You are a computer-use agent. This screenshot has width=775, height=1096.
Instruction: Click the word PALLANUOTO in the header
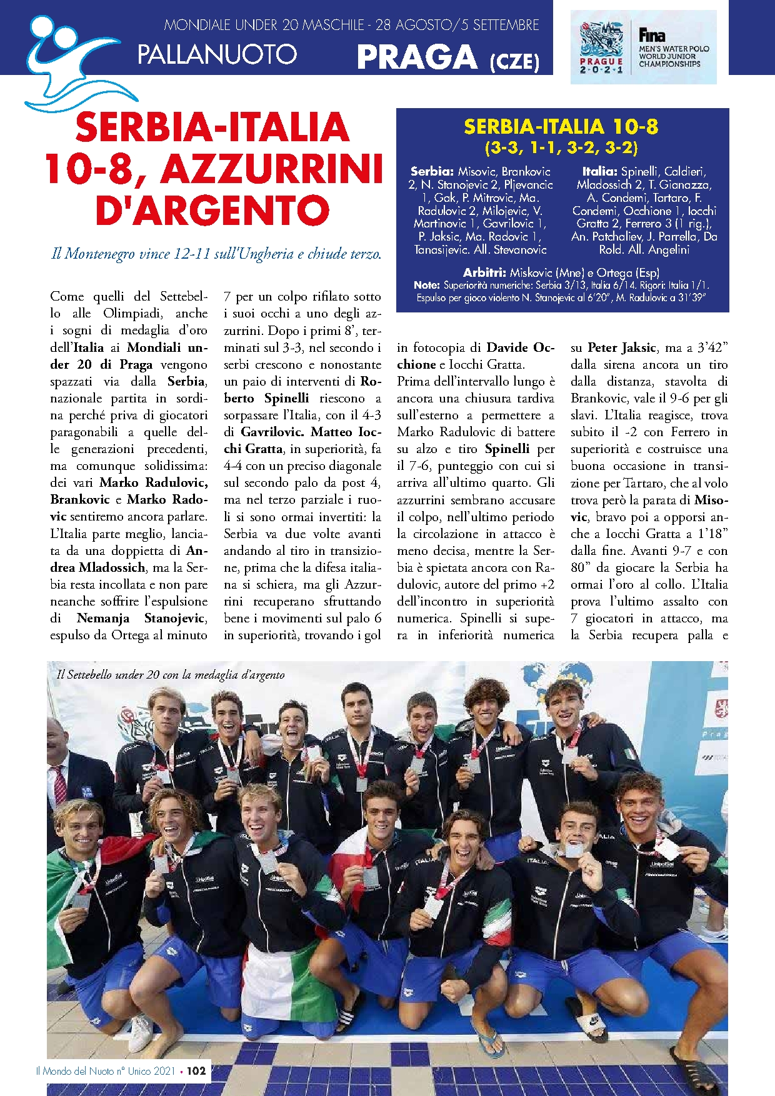coord(217,54)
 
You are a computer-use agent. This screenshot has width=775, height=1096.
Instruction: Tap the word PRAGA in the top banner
coord(417,57)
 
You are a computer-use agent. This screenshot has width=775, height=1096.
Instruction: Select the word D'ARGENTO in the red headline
coord(212,211)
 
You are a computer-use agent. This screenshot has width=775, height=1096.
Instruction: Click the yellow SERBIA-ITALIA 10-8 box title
coord(561,127)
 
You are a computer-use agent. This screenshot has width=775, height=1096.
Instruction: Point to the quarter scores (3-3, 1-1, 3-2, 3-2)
coord(561,148)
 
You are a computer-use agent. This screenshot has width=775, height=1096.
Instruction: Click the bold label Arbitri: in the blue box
coord(484,272)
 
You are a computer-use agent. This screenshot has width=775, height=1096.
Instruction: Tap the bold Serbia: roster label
coord(432,171)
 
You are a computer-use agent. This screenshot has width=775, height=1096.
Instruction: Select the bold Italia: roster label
coord(599,171)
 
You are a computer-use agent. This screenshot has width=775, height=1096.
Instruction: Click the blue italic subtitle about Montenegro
coord(216,254)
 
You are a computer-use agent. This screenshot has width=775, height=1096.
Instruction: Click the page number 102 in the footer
coord(196,1070)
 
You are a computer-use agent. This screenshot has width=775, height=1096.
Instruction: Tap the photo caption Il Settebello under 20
coord(171,675)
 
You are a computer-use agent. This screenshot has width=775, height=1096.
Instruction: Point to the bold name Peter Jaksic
coord(622,348)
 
